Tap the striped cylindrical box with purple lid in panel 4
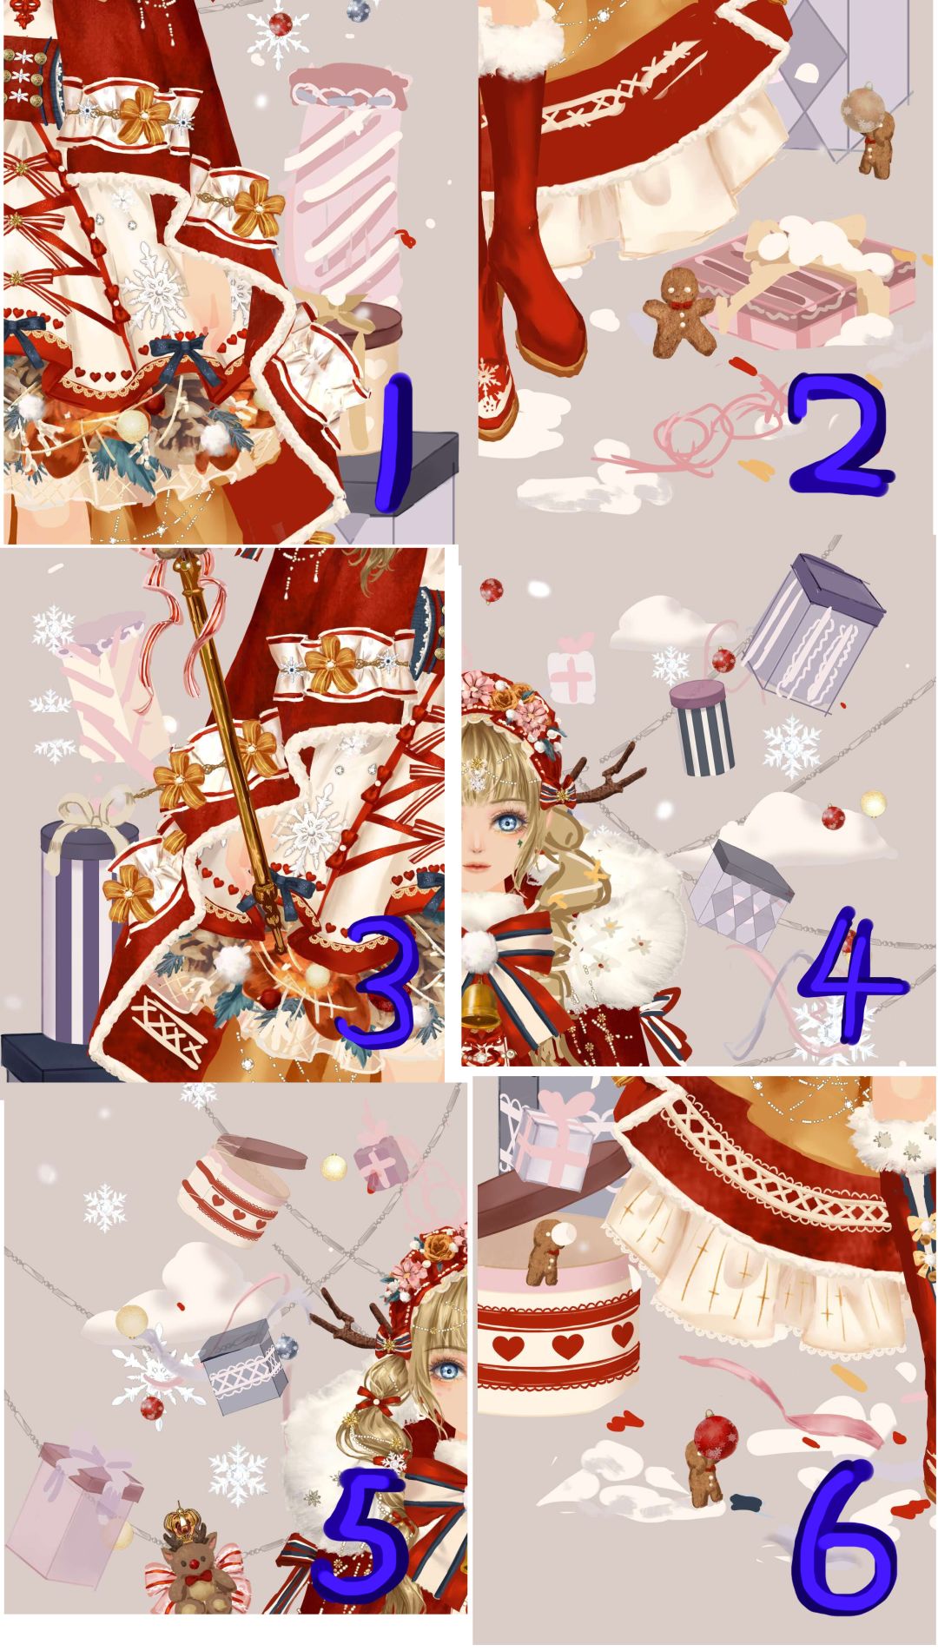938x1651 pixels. coord(703,726)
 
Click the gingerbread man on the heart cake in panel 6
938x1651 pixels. coord(546,1251)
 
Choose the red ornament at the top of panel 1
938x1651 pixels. coord(280,23)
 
